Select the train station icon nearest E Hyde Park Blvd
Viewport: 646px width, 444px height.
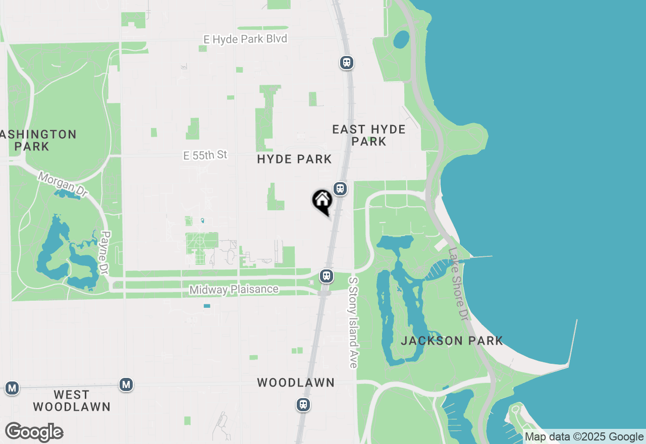(346, 63)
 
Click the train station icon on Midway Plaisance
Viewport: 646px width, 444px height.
(327, 276)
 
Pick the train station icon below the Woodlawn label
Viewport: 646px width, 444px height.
(303, 405)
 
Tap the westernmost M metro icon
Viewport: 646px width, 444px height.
(12, 388)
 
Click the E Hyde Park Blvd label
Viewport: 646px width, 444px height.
(245, 39)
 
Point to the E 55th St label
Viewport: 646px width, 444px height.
(205, 155)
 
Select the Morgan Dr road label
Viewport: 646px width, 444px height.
(63, 185)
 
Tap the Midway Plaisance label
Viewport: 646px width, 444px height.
(234, 290)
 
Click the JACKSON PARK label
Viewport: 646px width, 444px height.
(452, 341)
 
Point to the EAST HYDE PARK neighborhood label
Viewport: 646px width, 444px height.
(369, 135)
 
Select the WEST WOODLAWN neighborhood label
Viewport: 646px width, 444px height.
(71, 401)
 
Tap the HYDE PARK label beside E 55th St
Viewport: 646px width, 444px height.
(294, 159)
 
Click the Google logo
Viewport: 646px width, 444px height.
(34, 432)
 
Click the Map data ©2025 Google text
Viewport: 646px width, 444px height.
(584, 437)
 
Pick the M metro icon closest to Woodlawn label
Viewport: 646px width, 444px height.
(126, 385)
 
